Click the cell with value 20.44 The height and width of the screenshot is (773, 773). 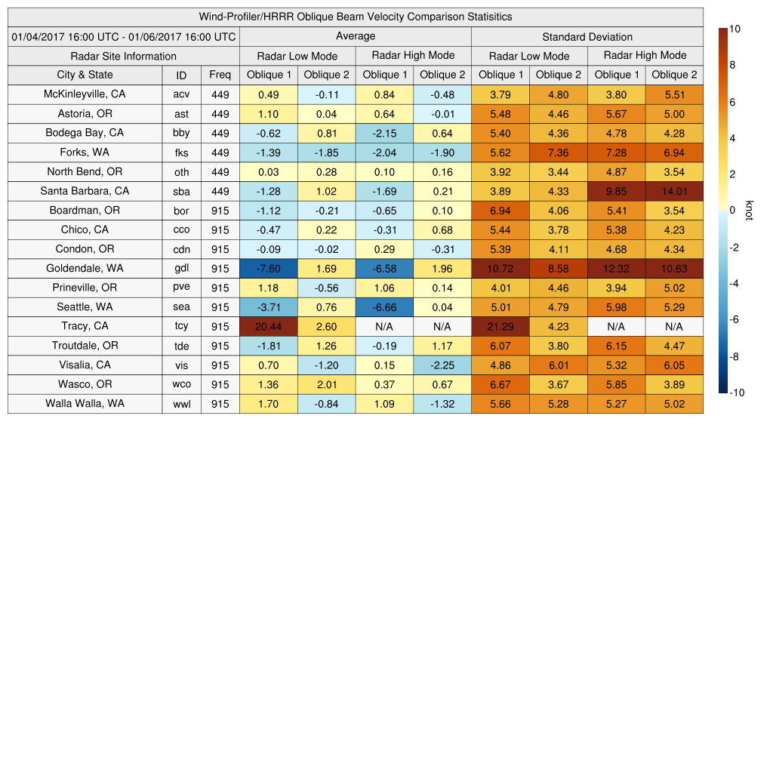coord(268,326)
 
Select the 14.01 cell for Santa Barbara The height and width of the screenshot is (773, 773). coord(674,191)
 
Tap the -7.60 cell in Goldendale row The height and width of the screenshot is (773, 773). coord(268,268)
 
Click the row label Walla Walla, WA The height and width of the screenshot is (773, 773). coord(85,403)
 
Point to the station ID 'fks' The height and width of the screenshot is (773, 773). coord(181,152)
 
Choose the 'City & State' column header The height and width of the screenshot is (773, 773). coord(85,75)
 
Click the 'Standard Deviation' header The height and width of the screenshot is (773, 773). coord(587,36)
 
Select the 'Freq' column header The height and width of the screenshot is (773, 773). coord(220,75)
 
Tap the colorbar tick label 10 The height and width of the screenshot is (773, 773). coord(734,29)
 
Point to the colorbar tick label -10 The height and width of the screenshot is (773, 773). coord(736,393)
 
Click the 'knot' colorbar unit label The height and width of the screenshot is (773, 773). coord(749,211)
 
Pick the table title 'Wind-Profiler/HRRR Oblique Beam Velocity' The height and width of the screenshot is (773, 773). coord(356,17)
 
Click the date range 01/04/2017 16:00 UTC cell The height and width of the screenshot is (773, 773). coord(124,36)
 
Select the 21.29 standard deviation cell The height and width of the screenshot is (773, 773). coord(500,326)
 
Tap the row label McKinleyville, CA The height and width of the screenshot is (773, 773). coord(85,94)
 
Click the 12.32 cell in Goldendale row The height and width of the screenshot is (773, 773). coord(616,268)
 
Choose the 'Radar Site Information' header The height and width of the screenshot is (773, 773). coord(124,56)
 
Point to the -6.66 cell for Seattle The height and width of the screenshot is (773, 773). coord(384,307)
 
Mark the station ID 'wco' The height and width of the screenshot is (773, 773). coord(181,384)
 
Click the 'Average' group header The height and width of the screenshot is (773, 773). coord(356,36)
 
